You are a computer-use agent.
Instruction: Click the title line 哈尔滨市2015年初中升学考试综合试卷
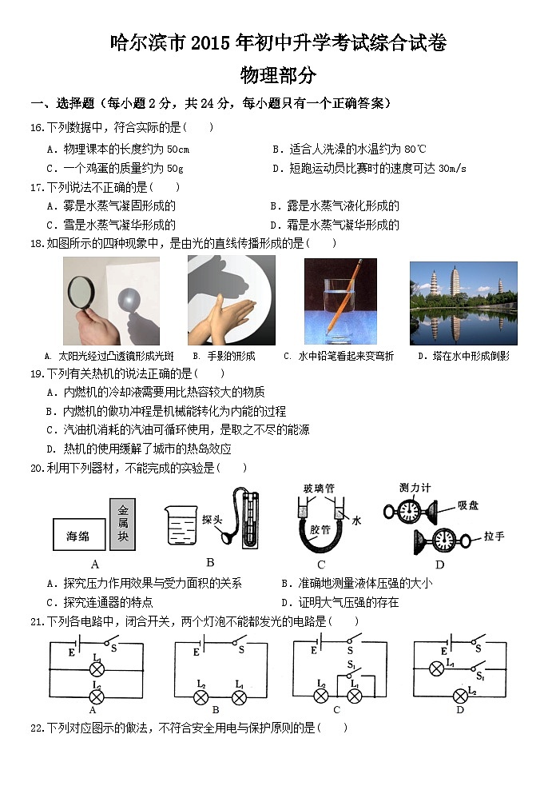[x=277, y=43]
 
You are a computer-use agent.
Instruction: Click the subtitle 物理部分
[x=277, y=76]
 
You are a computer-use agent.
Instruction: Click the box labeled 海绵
[x=77, y=537]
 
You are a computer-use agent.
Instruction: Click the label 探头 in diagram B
[x=212, y=518]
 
